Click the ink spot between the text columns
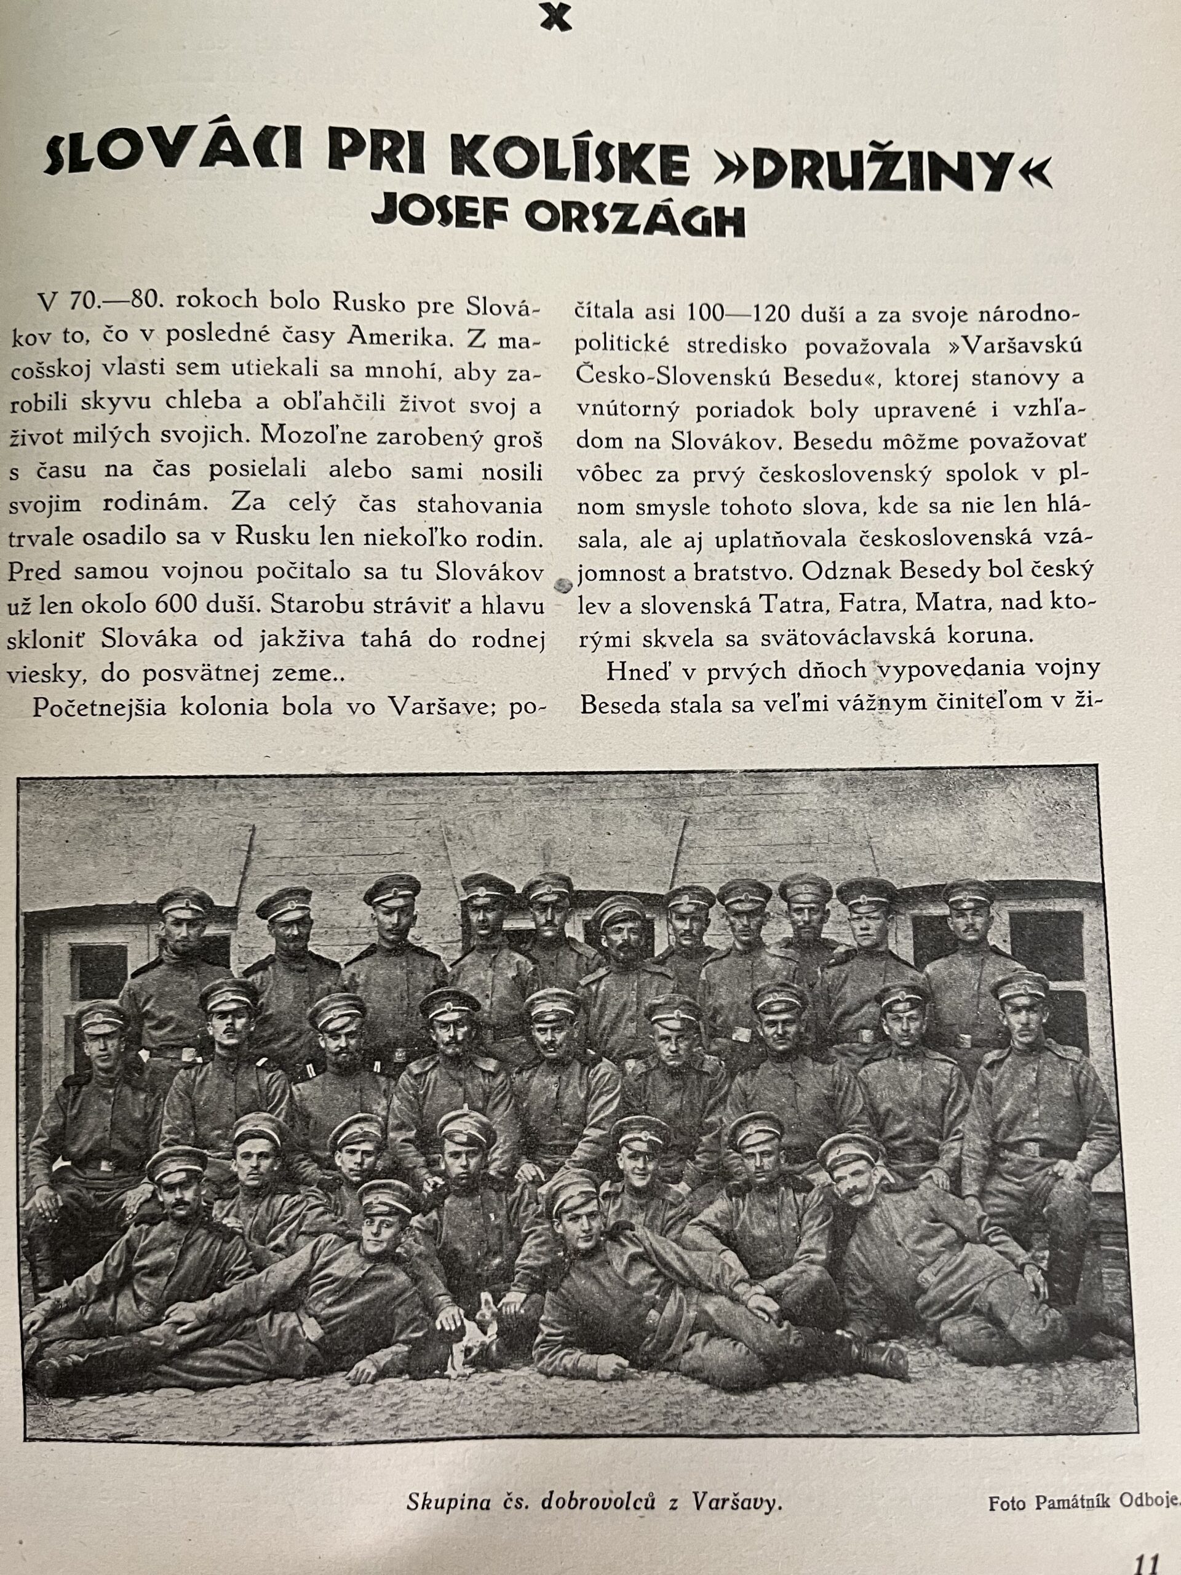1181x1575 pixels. pyautogui.click(x=562, y=584)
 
